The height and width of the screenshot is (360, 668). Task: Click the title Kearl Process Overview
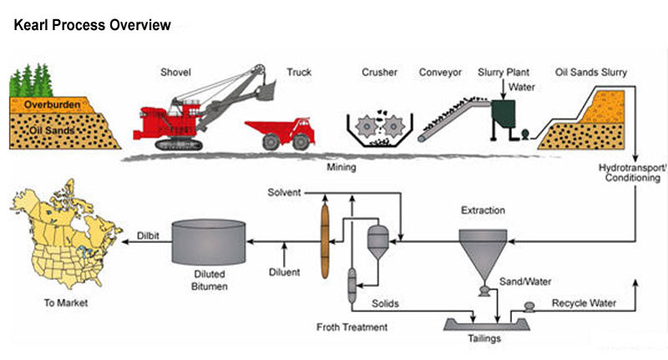93,25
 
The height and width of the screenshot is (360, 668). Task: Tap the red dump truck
280,133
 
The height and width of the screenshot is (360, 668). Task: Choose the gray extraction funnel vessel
483,250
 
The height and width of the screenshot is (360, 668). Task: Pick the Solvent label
284,193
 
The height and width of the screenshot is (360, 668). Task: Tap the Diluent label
285,271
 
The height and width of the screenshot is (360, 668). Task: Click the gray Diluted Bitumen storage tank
209,242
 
